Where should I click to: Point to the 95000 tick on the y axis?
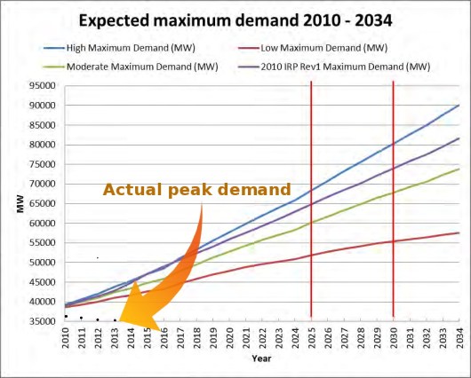click(x=42, y=86)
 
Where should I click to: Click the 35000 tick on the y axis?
click(x=42, y=321)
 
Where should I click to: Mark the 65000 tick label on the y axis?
click(x=42, y=204)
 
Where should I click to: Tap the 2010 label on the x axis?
click(x=66, y=337)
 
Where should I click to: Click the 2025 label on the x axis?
click(x=310, y=337)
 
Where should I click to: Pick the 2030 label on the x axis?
click(x=392, y=337)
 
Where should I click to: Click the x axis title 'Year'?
click(x=260, y=358)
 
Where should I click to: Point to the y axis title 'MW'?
click(x=20, y=203)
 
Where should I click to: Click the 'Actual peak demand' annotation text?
click(x=196, y=190)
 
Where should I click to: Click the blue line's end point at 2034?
click(x=458, y=106)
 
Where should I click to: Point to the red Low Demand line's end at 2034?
click(x=458, y=232)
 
